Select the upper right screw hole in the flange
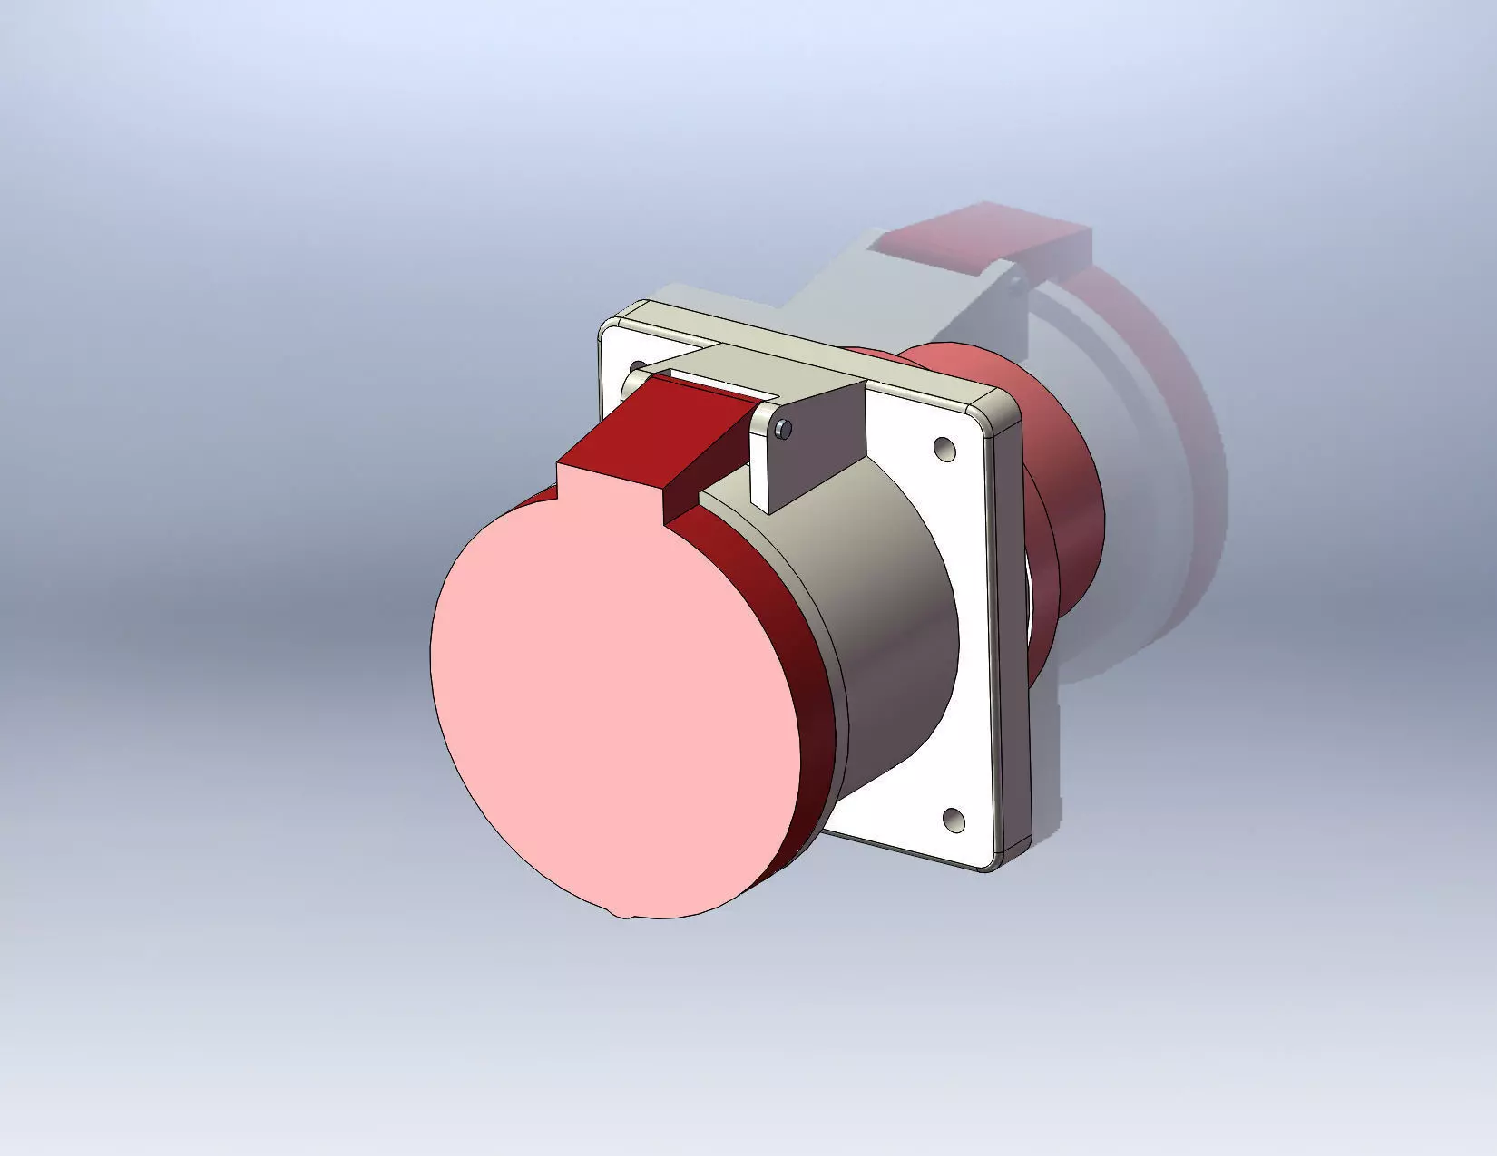944,449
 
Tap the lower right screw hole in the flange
953,820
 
